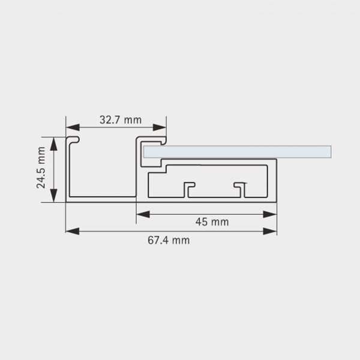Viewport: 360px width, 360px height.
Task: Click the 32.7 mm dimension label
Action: pos(121,120)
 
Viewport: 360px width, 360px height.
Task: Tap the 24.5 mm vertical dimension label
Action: pos(41,167)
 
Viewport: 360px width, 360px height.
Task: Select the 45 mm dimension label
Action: pos(212,222)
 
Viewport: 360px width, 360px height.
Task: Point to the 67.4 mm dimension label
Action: pos(169,241)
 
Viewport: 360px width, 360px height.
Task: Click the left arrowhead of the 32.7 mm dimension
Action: pos(73,127)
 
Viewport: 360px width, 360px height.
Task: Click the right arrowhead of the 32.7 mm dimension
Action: pos(160,127)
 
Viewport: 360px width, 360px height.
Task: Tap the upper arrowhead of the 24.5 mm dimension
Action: pos(53,144)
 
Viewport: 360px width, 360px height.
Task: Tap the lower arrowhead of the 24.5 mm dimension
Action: pos(53,196)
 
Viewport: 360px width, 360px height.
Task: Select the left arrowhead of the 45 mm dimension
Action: pos(143,214)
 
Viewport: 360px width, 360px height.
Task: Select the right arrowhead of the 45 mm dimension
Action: pos(270,214)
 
